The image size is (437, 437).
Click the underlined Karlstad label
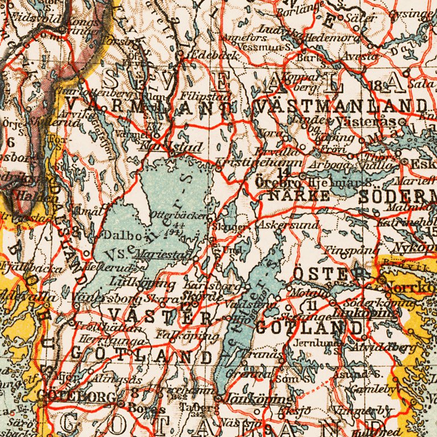click(x=171, y=147)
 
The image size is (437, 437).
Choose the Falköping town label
click(x=187, y=336)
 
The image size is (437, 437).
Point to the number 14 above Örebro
click(x=284, y=172)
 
